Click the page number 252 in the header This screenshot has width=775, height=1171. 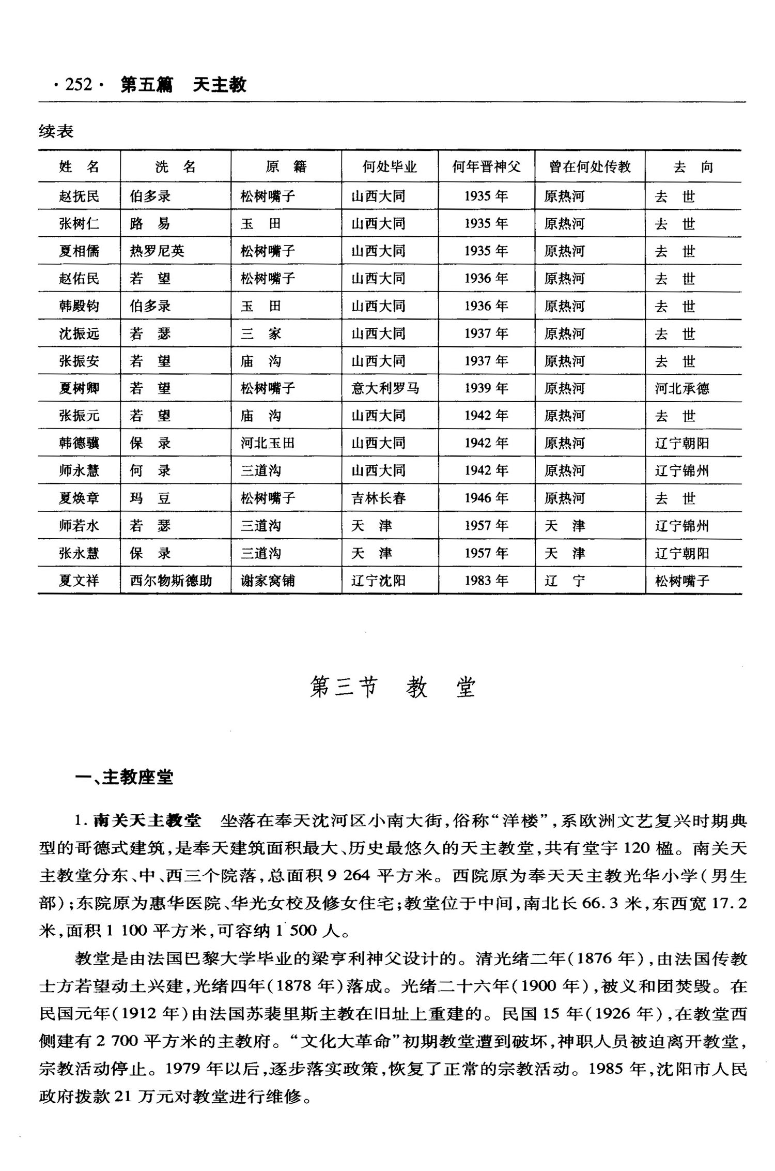pos(79,84)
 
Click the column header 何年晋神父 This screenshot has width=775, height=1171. pos(486,166)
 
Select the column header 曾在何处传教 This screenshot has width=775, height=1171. pos(590,166)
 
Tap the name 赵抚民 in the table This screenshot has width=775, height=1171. pos(79,196)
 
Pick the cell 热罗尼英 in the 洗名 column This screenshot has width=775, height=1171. pos(157,251)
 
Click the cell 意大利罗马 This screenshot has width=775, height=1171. pos(385,388)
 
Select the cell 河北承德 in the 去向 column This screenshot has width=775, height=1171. pos(682,388)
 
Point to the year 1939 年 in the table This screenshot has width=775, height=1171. pos(486,388)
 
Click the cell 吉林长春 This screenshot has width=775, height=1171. pos(379,498)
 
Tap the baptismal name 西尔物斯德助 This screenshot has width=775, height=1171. pos(171,581)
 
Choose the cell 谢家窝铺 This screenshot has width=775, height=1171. pos(268,581)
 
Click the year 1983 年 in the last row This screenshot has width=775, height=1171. pos(486,581)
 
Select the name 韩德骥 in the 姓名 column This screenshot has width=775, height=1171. pos(79,443)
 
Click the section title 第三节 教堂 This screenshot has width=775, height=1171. pos(392,688)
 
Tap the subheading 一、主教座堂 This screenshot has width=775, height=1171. pos(124,778)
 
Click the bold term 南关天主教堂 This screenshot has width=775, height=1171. pos(147,821)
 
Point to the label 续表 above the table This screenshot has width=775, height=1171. pos(56,132)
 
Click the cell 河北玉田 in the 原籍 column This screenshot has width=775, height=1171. pos(268,443)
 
